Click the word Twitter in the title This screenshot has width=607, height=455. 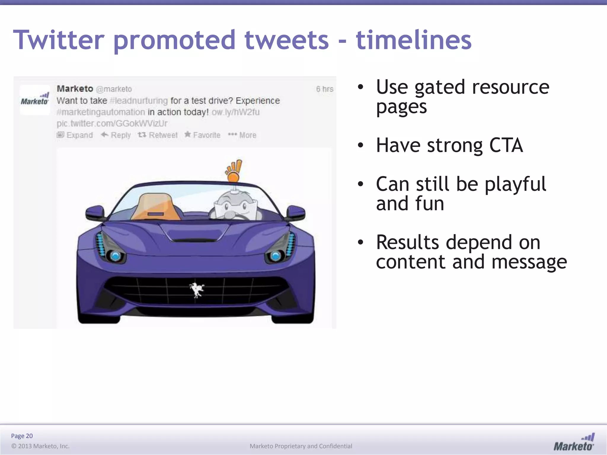coord(59,40)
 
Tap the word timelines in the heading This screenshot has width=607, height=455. coord(413,40)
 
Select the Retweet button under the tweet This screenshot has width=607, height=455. coord(158,135)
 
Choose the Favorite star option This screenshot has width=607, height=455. coord(202,135)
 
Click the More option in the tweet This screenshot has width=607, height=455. coord(242,135)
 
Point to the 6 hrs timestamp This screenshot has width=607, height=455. coord(325,89)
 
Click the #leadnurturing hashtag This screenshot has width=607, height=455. coord(139,101)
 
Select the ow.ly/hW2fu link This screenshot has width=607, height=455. coord(236,112)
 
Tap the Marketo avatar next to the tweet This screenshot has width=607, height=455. coord(35,100)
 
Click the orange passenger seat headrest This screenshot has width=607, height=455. coord(156,206)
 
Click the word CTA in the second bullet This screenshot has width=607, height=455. coord(506,145)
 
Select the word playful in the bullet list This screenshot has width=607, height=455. coord(515,184)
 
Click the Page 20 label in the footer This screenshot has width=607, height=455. coord(22,436)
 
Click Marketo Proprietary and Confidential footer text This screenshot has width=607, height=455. coord(301,446)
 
